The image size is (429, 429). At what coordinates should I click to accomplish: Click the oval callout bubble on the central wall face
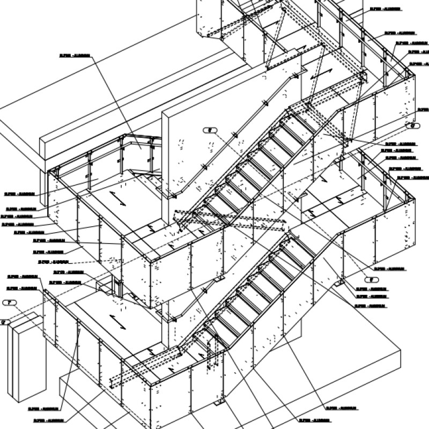(x=211, y=130)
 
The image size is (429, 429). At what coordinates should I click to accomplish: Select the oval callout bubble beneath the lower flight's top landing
(x=369, y=279)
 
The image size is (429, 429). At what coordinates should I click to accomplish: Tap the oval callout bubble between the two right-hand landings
(x=414, y=125)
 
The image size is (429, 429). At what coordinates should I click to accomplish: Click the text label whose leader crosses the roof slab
(x=74, y=55)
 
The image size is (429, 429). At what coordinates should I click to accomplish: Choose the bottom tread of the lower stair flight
(x=206, y=341)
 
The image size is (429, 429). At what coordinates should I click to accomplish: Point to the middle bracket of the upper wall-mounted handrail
(x=234, y=135)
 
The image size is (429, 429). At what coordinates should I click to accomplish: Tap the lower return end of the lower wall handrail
(x=173, y=320)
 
